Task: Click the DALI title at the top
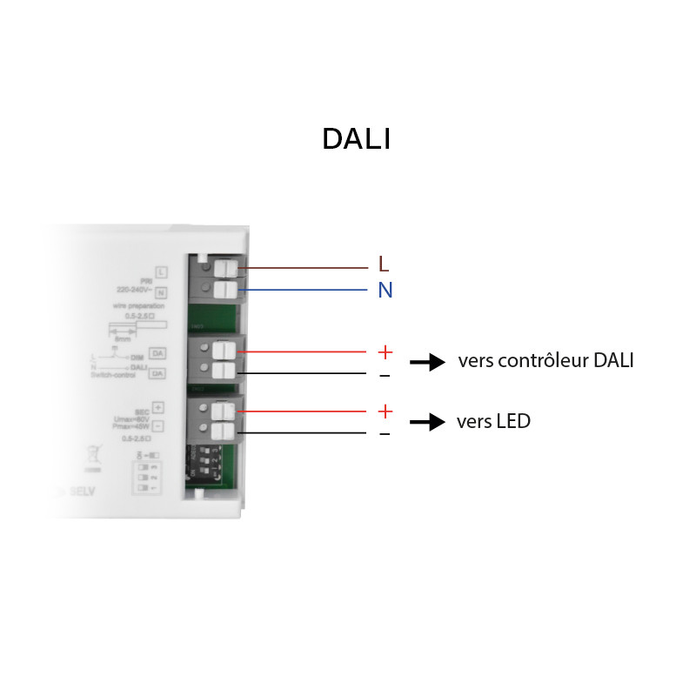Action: coord(356,139)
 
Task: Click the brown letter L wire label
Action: coord(385,264)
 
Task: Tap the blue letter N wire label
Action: coord(385,291)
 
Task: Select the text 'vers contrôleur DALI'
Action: coord(545,360)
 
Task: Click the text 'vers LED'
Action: coord(493,422)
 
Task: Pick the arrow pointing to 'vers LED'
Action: coord(427,423)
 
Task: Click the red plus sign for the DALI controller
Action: coord(385,352)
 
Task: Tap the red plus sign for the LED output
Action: coord(385,412)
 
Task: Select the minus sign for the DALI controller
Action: coord(385,375)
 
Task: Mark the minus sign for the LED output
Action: coord(385,433)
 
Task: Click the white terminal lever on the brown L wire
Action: coord(225,268)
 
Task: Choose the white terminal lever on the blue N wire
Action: coord(225,289)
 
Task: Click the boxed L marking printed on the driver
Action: coord(160,272)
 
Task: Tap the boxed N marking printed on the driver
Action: coord(160,292)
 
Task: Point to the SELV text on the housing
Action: coord(83,504)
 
